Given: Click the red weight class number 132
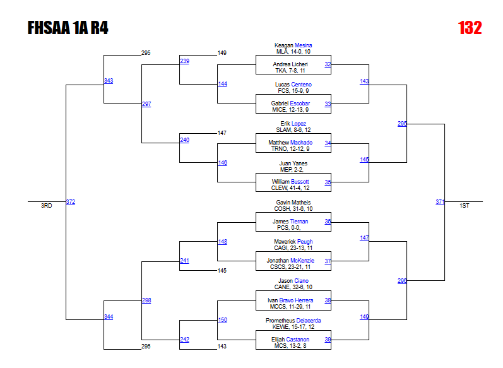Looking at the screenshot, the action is click(470, 28).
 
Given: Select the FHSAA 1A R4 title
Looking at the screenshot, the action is click(68, 28).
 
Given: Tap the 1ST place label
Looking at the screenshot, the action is click(465, 206).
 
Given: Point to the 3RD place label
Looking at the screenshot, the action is click(47, 206).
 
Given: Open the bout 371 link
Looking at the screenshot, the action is click(440, 202).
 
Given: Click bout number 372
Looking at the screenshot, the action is click(71, 202).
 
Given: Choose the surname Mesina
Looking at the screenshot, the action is click(303, 45).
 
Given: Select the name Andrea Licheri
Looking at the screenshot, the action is click(290, 64).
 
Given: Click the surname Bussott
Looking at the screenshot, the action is click(300, 182).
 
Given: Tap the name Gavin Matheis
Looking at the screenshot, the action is click(293, 203).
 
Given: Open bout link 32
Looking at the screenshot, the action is click(328, 64).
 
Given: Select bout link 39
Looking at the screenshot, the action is click(328, 340).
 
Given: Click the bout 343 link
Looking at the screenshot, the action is click(109, 80).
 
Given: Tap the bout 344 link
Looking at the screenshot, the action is click(109, 316).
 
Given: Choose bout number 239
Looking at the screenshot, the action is click(184, 61).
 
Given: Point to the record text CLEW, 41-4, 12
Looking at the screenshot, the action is click(293, 188).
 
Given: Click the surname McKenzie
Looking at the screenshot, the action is click(302, 261).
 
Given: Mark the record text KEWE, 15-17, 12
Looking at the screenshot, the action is click(293, 327).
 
